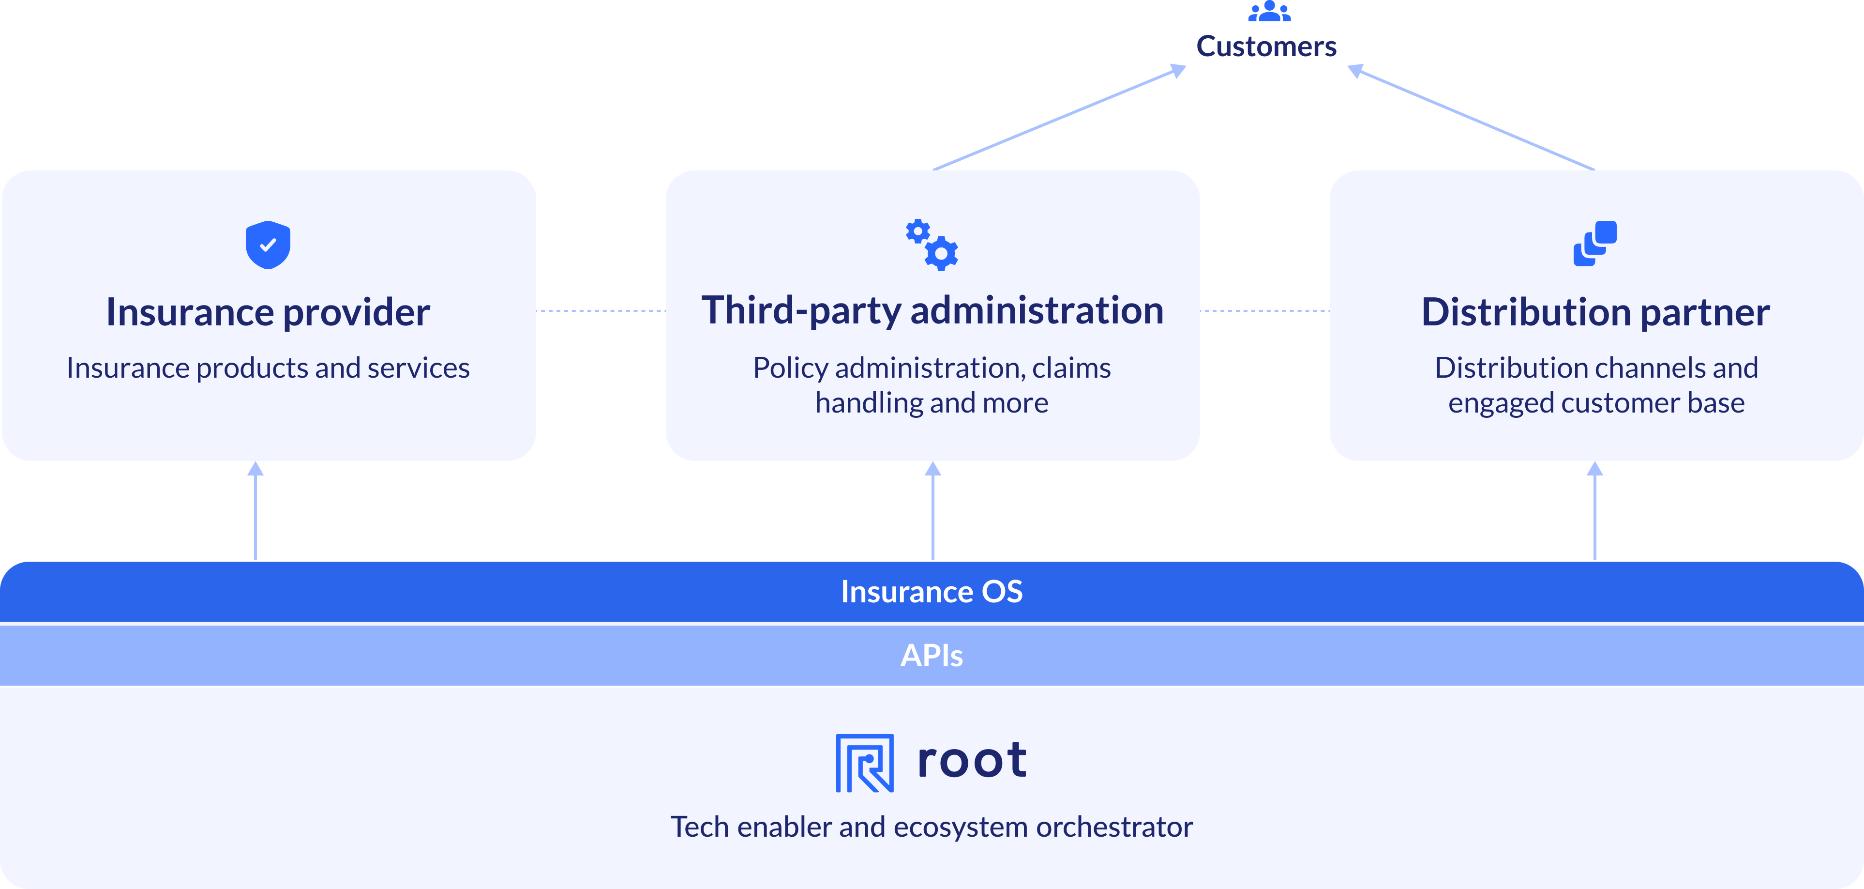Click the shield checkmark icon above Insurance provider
point(268,245)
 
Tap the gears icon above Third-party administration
point(932,245)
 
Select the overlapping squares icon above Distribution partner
point(1595,244)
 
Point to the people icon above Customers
point(1269,11)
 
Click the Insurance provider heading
point(268,313)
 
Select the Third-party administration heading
point(932,311)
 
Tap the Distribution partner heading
point(1595,313)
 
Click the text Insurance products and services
point(268,368)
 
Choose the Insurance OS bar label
point(932,592)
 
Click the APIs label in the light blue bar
point(932,655)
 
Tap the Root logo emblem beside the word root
point(865,763)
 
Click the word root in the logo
point(971,760)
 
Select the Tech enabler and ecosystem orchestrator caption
point(932,827)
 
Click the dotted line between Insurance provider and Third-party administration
point(601,310)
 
